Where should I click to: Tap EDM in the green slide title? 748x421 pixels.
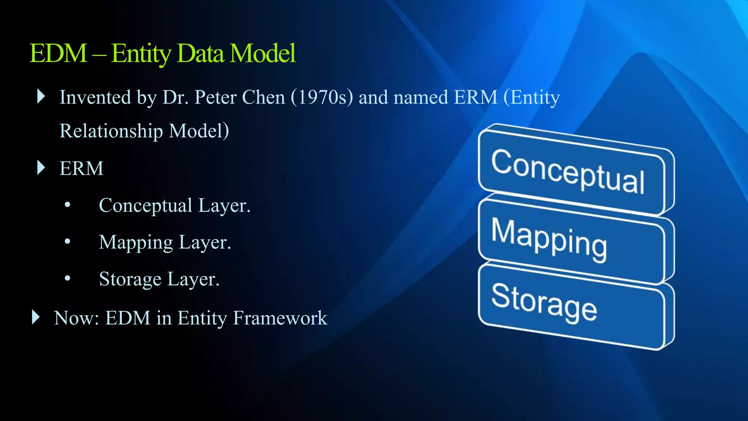pos(58,53)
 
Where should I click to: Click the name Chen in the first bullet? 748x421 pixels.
pos(263,97)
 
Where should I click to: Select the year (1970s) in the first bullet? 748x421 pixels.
pos(322,97)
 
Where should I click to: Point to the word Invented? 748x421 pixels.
pos(95,97)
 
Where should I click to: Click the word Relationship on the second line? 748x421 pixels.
pos(111,131)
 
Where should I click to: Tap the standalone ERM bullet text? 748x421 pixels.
pos(81,168)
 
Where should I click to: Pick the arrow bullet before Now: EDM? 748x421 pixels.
pos(35,317)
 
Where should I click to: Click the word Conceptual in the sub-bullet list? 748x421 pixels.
pos(145,205)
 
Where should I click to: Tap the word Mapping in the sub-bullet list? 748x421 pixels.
pos(136,242)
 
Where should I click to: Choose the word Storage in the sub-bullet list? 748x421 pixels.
pos(130,279)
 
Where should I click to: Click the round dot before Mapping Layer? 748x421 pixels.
pos(67,242)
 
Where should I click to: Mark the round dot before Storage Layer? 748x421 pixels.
pos(67,278)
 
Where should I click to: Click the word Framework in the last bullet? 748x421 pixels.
pos(280,318)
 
